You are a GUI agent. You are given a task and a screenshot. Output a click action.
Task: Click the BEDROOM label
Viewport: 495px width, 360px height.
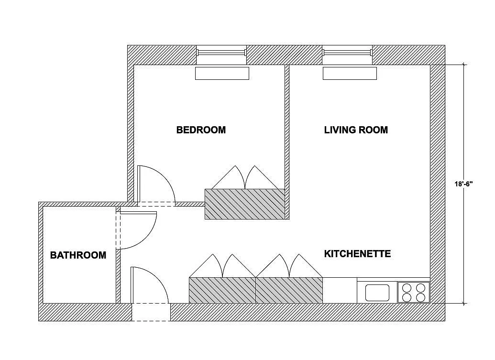[201, 130]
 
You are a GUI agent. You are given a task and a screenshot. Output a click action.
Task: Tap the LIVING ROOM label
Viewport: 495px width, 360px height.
[356, 130]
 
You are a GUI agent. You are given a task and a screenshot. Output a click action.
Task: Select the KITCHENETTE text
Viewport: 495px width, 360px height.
[357, 253]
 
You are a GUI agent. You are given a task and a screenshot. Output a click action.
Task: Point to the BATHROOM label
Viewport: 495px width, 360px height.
[78, 255]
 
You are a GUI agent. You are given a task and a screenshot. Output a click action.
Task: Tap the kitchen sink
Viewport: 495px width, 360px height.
[377, 292]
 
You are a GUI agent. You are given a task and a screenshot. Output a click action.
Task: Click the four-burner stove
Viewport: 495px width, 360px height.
[414, 292]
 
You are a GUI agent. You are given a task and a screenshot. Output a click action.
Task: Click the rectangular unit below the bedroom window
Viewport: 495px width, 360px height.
[222, 73]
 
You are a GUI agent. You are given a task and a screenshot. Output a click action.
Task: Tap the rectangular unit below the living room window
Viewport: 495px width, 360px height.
[350, 73]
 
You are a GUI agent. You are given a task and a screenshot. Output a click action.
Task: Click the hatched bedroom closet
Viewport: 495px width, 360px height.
[245, 204]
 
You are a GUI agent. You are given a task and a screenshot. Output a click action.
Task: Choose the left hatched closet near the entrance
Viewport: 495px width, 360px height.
[222, 290]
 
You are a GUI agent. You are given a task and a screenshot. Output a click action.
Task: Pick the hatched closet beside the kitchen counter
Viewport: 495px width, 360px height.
[289, 290]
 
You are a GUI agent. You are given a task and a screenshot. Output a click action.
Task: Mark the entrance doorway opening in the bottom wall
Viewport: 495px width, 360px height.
[151, 312]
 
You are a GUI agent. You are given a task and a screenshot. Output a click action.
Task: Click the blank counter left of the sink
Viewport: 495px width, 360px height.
[340, 290]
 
